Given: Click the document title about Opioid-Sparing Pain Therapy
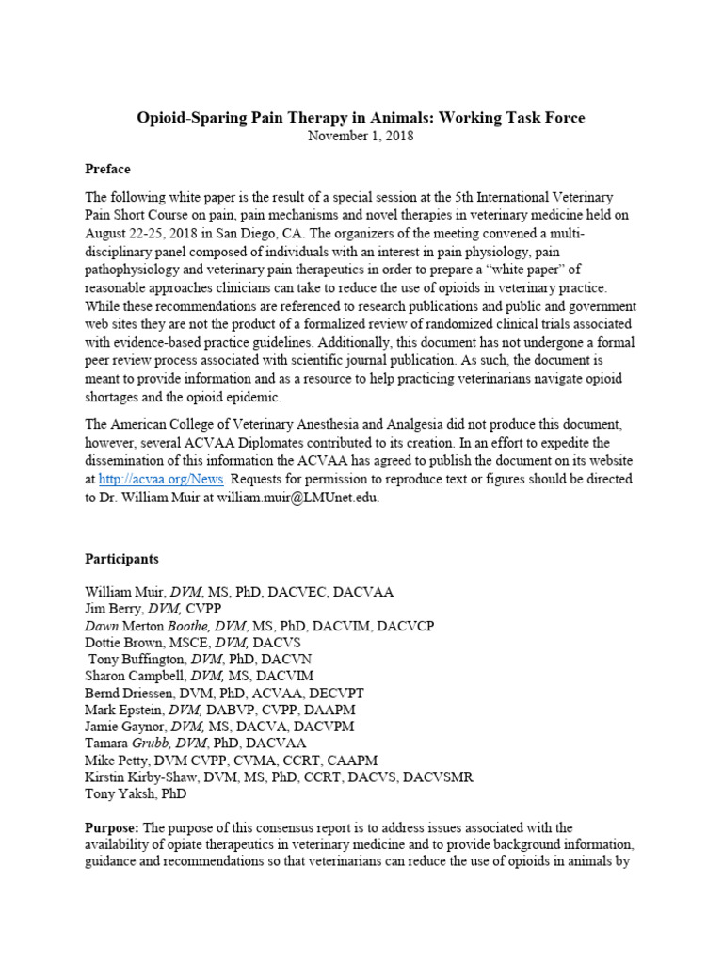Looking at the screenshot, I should (x=361, y=118).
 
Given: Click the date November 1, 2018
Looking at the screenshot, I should (x=361, y=135).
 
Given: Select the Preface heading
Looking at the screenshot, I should (x=107, y=169).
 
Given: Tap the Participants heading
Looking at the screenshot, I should (x=121, y=559).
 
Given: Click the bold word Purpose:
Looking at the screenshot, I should (x=112, y=828).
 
